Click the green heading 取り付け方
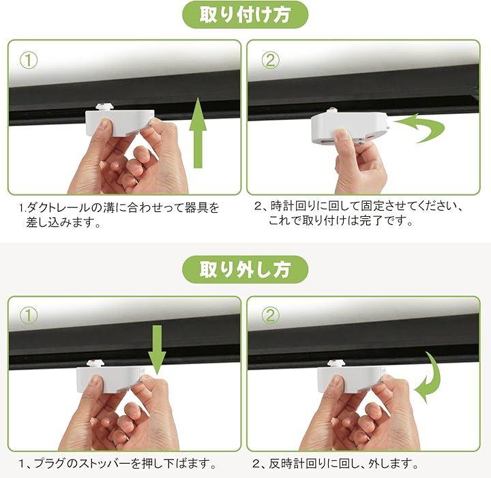[x=245, y=15]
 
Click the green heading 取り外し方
[x=245, y=269]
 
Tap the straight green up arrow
[x=198, y=133]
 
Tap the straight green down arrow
[x=157, y=350]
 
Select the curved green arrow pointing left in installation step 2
[x=419, y=128]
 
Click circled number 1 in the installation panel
[x=29, y=61]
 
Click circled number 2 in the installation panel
[x=270, y=61]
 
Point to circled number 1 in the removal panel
[x=29, y=315]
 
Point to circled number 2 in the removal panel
[x=270, y=315]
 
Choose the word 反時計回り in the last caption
[x=296, y=463]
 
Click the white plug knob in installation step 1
[x=104, y=107]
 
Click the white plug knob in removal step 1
[x=95, y=363]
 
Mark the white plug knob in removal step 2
[x=336, y=363]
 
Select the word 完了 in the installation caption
[x=371, y=221]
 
